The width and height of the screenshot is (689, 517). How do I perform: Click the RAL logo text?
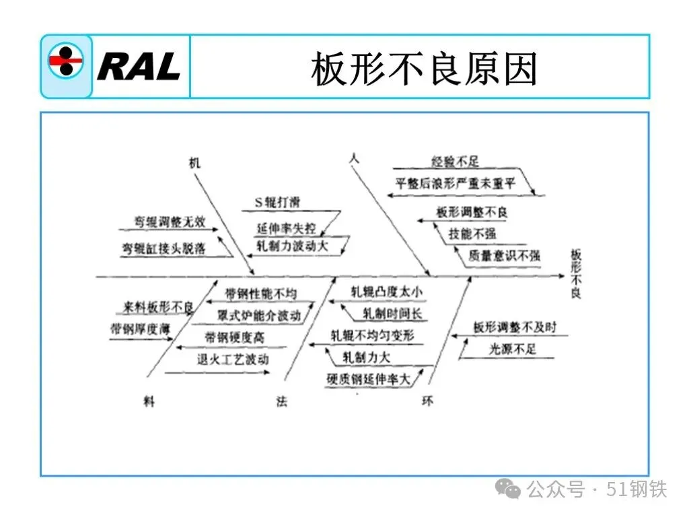click(x=139, y=66)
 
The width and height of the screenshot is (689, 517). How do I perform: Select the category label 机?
click(x=195, y=163)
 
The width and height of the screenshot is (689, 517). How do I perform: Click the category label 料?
click(x=149, y=401)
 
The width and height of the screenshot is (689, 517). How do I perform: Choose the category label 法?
click(x=282, y=402)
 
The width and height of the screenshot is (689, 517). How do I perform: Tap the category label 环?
click(x=428, y=402)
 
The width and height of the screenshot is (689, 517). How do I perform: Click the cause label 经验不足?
click(x=455, y=162)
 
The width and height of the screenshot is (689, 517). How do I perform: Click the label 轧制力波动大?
click(x=293, y=246)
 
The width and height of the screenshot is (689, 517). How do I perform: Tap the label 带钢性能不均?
click(x=260, y=294)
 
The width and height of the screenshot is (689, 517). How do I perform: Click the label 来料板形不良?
click(x=157, y=308)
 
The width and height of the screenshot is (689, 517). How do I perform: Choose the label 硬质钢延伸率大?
click(x=369, y=379)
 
